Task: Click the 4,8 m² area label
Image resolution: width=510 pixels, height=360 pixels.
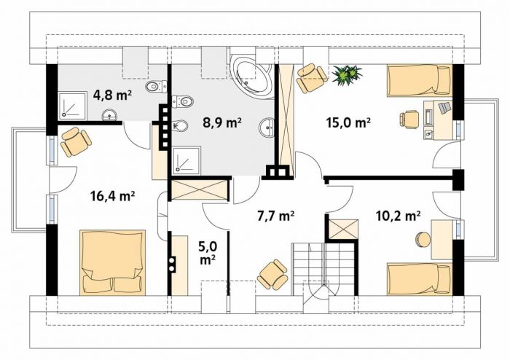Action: point(112,95)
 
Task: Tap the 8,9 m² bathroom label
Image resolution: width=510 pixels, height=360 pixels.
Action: point(222,123)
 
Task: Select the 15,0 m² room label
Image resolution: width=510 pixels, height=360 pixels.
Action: point(348,122)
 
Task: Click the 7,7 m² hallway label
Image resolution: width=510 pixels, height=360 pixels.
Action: point(276,216)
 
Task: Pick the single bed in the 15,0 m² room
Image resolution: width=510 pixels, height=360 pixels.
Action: point(420,80)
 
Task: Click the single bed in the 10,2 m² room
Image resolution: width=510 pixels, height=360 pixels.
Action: point(420,279)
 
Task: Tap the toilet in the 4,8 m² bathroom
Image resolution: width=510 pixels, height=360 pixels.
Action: point(155,87)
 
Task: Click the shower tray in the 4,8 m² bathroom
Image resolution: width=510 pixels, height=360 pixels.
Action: point(73,106)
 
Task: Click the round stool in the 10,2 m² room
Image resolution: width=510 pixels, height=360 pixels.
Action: point(423,240)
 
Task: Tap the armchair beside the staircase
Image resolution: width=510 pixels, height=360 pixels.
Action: point(272,274)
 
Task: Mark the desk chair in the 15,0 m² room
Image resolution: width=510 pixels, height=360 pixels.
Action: point(409,119)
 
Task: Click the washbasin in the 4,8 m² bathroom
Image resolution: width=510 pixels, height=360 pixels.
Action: point(109,115)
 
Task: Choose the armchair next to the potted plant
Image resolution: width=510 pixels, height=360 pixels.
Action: point(312,78)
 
